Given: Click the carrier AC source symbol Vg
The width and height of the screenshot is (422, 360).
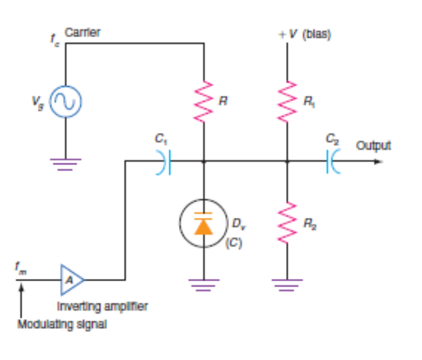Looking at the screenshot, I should [65, 103].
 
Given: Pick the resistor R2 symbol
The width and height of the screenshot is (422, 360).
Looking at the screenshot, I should [287, 223].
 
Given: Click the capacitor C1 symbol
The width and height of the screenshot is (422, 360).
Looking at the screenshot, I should [164, 162].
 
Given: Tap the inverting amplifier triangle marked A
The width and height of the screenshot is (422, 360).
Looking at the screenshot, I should [71, 280].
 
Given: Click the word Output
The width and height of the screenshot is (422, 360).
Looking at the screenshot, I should [374, 146].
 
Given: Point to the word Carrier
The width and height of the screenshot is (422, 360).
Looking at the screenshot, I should [82, 33].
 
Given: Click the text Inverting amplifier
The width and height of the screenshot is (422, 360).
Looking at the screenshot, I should [102, 306].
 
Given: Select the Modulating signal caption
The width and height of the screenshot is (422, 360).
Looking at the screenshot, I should [62, 324].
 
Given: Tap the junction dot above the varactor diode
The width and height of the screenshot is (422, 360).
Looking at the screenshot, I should [204, 162].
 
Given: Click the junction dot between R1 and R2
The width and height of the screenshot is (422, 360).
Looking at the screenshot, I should [287, 162].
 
